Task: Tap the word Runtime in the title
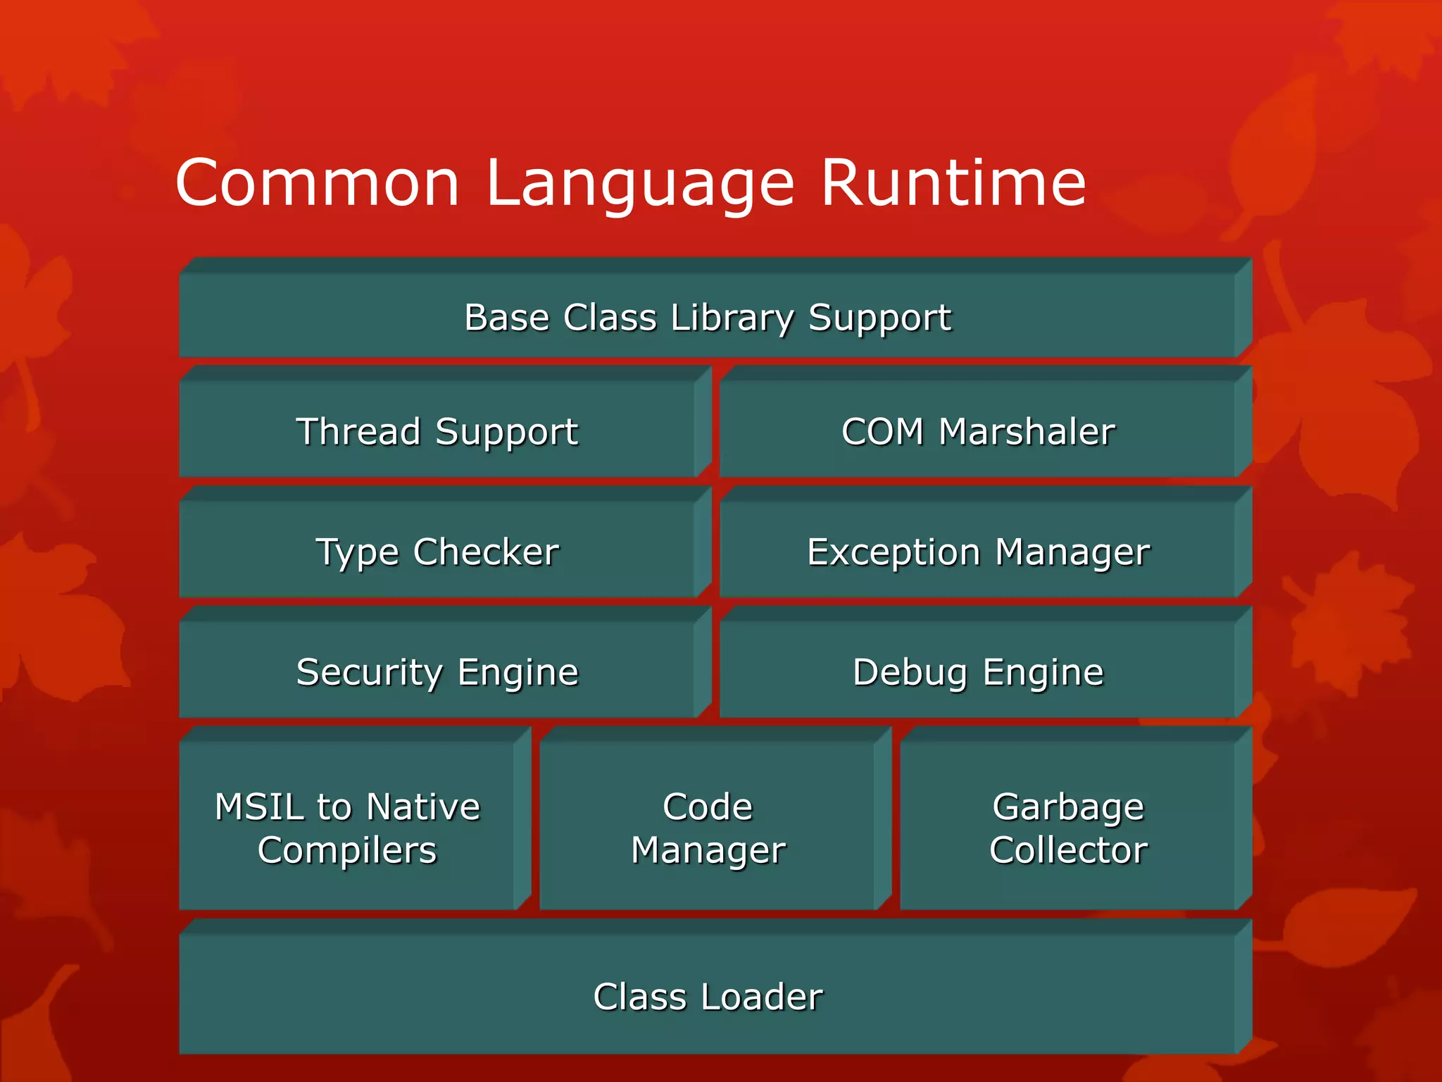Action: (x=953, y=183)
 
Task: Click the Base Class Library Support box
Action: (x=707, y=317)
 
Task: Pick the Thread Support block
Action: (x=437, y=431)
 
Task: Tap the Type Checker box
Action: (x=437, y=552)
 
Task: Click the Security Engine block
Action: (x=437, y=672)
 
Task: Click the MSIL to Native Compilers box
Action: (x=347, y=828)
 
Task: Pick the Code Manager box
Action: (x=708, y=828)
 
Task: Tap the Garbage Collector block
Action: (x=1068, y=828)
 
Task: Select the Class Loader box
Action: (x=707, y=997)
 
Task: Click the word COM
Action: (x=882, y=431)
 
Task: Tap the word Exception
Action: (x=894, y=552)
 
